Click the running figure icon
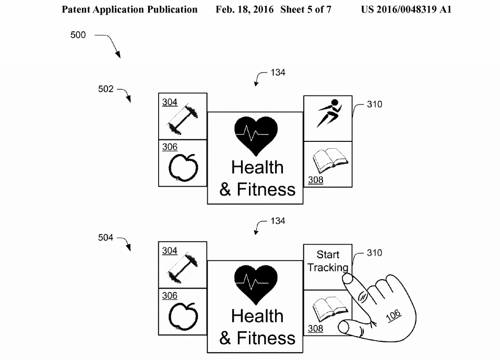tap(329, 113)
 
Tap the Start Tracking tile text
tap(328, 261)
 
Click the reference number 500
tap(78, 35)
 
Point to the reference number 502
tap(106, 89)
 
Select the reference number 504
tap(106, 237)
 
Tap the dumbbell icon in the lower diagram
tap(183, 268)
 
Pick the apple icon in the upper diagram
tap(183, 167)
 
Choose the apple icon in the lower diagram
tap(183, 316)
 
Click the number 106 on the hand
tap(394, 316)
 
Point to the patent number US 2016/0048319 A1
tap(406, 9)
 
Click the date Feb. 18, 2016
tap(245, 9)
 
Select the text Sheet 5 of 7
tap(306, 9)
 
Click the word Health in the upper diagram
tap(257, 167)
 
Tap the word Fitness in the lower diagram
tap(266, 338)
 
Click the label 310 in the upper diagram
tap(375, 104)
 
